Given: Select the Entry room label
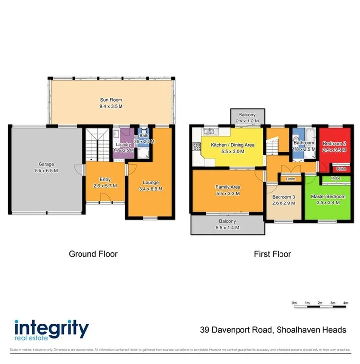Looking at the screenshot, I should click(x=105, y=179).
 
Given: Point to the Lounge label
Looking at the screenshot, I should click(x=151, y=182).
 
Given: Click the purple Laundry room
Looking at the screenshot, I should click(x=122, y=143).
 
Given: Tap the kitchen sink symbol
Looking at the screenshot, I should click(x=209, y=131).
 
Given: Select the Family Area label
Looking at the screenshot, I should click(x=227, y=187).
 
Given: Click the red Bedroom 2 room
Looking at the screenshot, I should click(x=334, y=146).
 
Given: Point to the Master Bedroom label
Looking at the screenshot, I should click(x=328, y=196).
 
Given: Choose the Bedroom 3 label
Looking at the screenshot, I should click(x=283, y=197).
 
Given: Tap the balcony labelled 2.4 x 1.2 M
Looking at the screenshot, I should click(x=247, y=117).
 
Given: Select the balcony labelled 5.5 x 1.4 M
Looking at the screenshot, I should click(x=227, y=225).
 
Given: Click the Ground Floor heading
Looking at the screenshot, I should click(x=93, y=254).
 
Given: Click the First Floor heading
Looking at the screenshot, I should click(x=272, y=254).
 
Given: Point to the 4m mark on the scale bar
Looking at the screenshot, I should click(x=346, y=302).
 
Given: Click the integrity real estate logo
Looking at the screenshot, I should click(x=51, y=330).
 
